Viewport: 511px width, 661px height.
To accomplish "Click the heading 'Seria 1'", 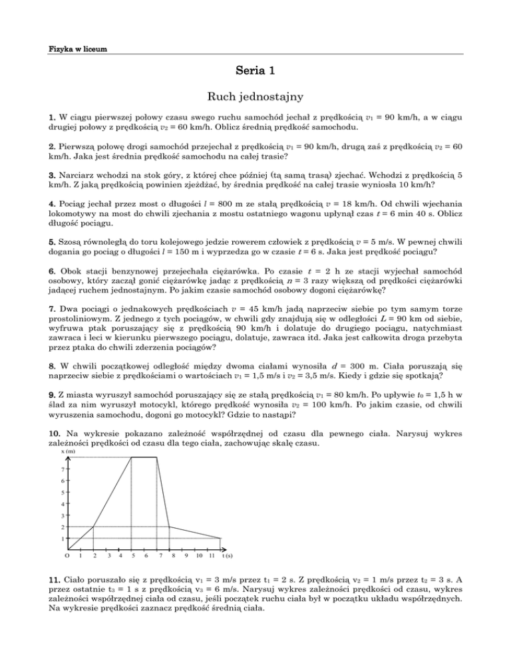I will click(255, 70).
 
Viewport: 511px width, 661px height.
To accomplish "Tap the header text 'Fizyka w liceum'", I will click(79, 49).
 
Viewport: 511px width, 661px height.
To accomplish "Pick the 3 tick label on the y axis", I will click(62, 515).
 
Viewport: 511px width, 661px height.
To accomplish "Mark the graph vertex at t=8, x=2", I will click(170, 527).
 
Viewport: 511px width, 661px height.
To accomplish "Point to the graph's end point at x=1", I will click(220, 538).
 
